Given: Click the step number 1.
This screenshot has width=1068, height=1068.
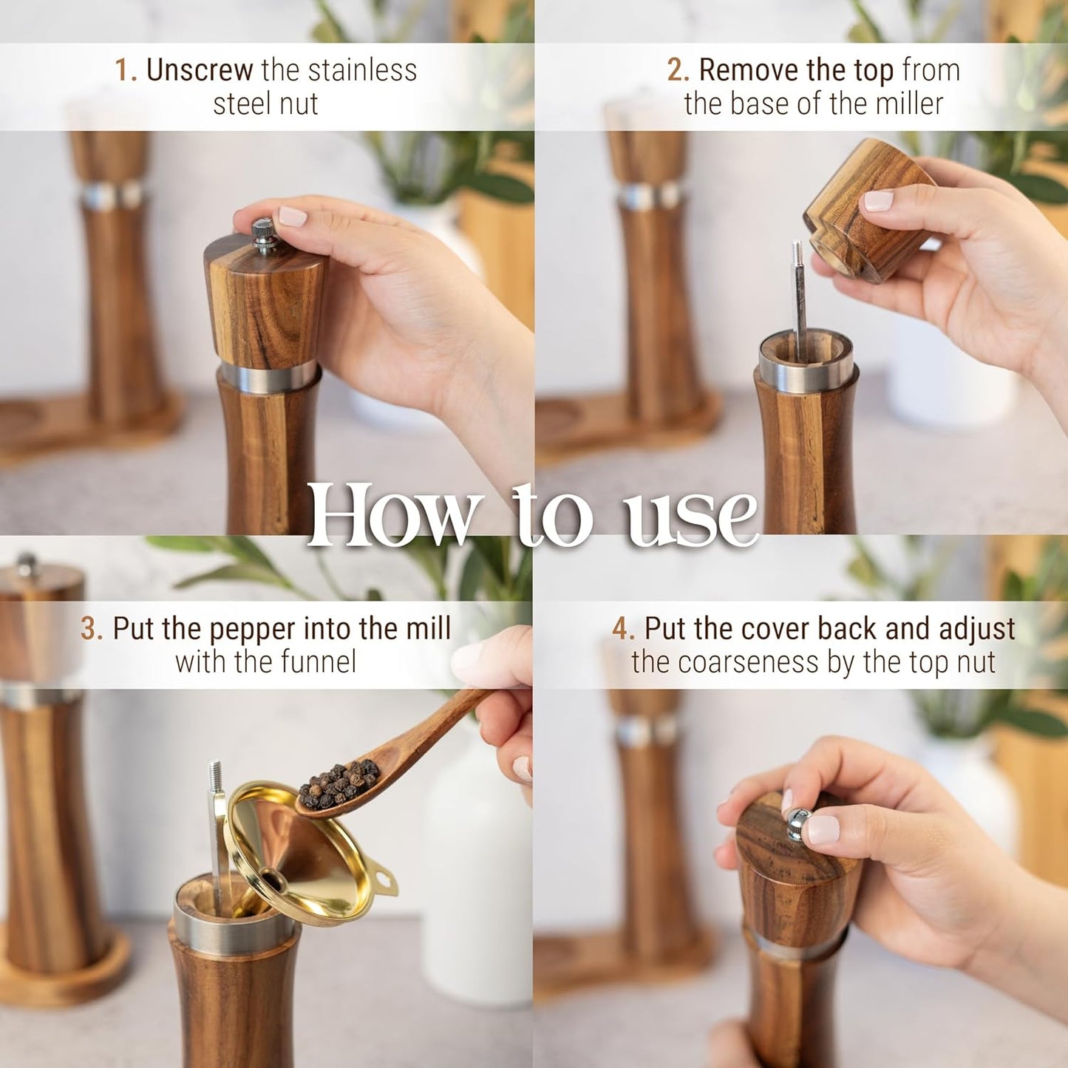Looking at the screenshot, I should pyautogui.click(x=125, y=70).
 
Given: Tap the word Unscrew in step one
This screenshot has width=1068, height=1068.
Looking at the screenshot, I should pyautogui.click(x=200, y=70).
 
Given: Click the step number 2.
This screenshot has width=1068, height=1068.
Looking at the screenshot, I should pyautogui.click(x=677, y=70).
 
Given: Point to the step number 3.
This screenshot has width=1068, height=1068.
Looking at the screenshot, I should pyautogui.click(x=91, y=629).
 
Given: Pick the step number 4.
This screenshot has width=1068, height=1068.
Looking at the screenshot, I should pyautogui.click(x=622, y=629).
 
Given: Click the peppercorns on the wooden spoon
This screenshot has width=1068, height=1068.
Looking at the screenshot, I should pyautogui.click(x=339, y=786).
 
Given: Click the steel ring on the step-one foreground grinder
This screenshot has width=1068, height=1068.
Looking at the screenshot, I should pyautogui.click(x=269, y=376).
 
